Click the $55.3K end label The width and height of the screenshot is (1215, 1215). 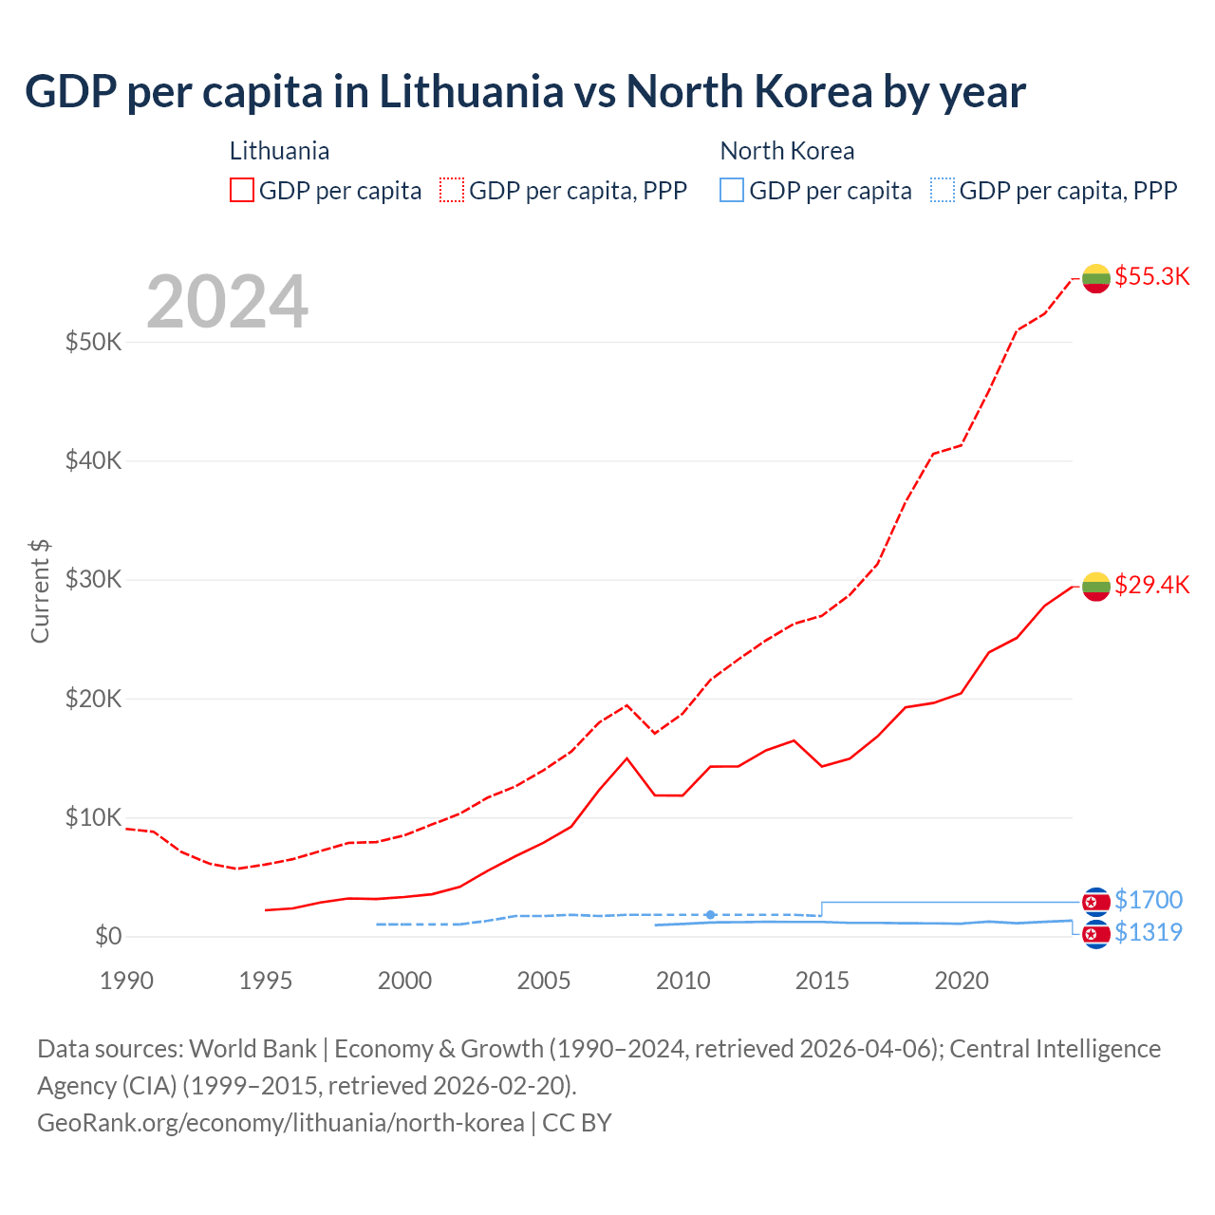click(x=1151, y=276)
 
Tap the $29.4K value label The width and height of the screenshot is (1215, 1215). click(x=1151, y=585)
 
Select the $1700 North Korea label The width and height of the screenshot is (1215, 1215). click(x=1149, y=900)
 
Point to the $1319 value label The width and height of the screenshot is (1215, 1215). click(x=1149, y=932)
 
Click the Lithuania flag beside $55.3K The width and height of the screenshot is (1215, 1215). click(x=1096, y=278)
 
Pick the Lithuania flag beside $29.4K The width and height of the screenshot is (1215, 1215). click(x=1096, y=587)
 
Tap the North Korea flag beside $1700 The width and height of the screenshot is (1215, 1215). click(x=1096, y=901)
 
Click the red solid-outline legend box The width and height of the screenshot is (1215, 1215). click(x=242, y=191)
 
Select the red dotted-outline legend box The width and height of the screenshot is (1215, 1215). click(x=452, y=191)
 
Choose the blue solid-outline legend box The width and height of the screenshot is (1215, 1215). click(x=732, y=191)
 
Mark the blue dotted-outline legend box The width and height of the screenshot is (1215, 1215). click(x=943, y=191)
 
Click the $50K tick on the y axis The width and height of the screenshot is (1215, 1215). click(x=93, y=342)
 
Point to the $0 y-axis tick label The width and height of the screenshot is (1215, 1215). click(x=108, y=937)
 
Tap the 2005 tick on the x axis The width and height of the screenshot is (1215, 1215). click(x=544, y=981)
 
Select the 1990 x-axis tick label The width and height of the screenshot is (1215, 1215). click(x=126, y=981)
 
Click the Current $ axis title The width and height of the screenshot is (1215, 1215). click(x=40, y=591)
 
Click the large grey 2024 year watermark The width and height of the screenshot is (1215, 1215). click(x=227, y=302)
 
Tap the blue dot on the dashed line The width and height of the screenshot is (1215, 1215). click(x=710, y=915)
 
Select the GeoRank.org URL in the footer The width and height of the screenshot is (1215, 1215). click(x=281, y=1123)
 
